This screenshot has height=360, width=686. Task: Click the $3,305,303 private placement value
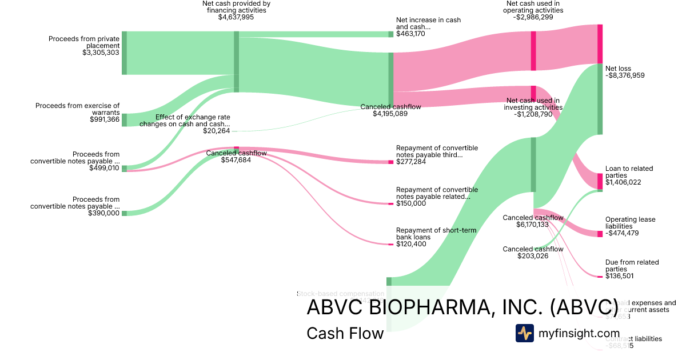pyautogui.click(x=101, y=53)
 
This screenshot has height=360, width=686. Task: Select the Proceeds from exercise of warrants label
pyautogui.click(x=77, y=109)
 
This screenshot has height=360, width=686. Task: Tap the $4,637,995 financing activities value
pyautogui.click(x=236, y=17)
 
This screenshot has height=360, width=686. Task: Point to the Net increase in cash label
pyautogui.click(x=428, y=23)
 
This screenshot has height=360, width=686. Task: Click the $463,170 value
pyautogui.click(x=412, y=34)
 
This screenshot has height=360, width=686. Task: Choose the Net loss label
pyautogui.click(x=618, y=69)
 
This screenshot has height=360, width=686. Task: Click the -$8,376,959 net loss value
pyautogui.click(x=625, y=75)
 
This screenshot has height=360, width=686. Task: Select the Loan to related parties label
pyautogui.click(x=629, y=172)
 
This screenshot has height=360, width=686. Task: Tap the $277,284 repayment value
pyautogui.click(x=410, y=162)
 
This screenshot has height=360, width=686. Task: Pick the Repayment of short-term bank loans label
pyautogui.click(x=436, y=234)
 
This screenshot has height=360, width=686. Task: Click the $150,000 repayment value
pyautogui.click(x=411, y=203)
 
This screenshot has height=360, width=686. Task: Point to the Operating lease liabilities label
pyautogui.click(x=630, y=223)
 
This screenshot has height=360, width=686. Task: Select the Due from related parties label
pyautogui.click(x=632, y=266)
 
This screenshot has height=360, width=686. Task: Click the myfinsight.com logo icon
pyautogui.click(x=524, y=333)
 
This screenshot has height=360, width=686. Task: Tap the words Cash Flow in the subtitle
pyautogui.click(x=345, y=333)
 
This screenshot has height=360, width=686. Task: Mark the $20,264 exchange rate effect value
pyautogui.click(x=216, y=131)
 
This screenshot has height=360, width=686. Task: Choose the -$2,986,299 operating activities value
pyautogui.click(x=533, y=17)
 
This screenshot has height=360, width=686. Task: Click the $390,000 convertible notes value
pyautogui.click(x=104, y=213)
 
